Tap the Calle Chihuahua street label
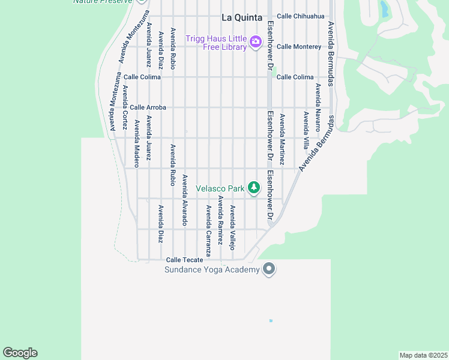click(x=301, y=16)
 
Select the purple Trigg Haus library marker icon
click(x=256, y=41)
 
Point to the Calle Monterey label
click(x=299, y=47)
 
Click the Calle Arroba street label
click(x=148, y=107)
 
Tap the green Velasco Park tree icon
click(x=255, y=188)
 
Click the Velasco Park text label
click(x=220, y=188)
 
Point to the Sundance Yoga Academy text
click(x=212, y=269)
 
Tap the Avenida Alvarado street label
click(x=185, y=200)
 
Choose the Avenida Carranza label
click(x=208, y=231)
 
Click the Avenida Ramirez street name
click(x=220, y=220)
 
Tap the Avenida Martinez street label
click(x=282, y=140)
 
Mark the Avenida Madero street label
click(x=137, y=143)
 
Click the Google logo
click(x=20, y=353)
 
